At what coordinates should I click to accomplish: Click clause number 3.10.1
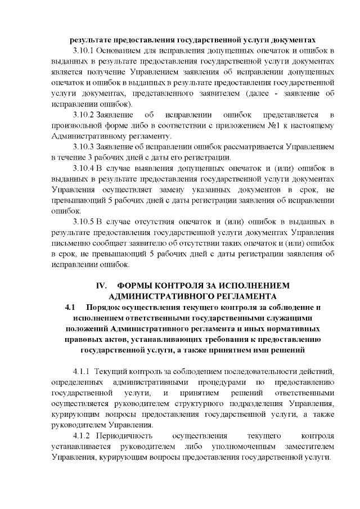click(84, 51)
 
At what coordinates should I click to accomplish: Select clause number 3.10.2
click(84, 115)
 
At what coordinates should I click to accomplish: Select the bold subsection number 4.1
click(70, 307)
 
